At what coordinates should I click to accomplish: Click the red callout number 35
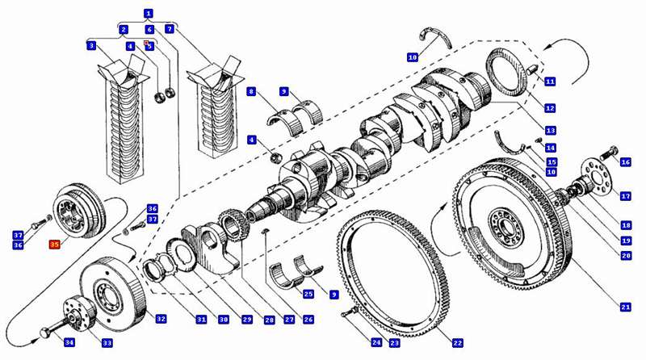(x=55, y=245)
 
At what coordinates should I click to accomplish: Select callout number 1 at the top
(x=148, y=14)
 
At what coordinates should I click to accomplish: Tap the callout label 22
(x=458, y=343)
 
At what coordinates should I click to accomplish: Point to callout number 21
(x=626, y=307)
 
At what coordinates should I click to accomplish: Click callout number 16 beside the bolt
(x=625, y=162)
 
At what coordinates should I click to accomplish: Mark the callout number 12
(x=550, y=107)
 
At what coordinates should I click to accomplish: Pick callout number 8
(x=252, y=92)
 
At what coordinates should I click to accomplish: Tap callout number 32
(x=161, y=319)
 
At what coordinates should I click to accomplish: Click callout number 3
(x=91, y=46)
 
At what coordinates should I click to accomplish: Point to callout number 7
(x=169, y=29)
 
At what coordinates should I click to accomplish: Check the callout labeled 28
(x=246, y=320)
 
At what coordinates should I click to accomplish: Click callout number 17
(x=625, y=196)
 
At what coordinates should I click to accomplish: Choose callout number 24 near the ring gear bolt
(x=375, y=343)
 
